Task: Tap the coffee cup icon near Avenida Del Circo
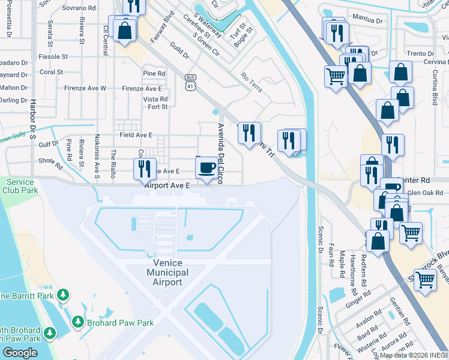point(207,167)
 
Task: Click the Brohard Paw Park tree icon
point(77,322)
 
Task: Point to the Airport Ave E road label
point(167,186)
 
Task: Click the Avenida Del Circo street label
point(221,154)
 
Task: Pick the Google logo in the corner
point(19,353)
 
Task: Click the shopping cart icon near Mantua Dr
point(336,76)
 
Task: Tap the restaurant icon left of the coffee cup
point(145,169)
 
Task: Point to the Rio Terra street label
point(252,80)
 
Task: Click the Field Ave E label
point(136,135)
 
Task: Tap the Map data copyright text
point(414,355)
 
